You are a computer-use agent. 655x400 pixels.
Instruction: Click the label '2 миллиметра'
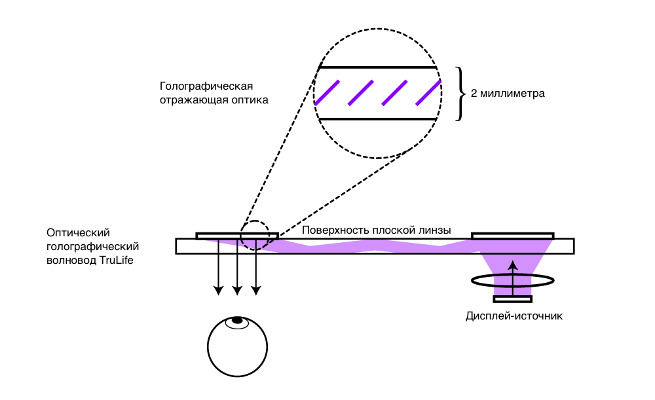tap(508, 94)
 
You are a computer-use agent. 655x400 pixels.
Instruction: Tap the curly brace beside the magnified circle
tap(459, 94)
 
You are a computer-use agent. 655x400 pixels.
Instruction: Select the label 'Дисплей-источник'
tap(514, 316)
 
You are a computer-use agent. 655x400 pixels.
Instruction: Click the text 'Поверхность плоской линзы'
tap(377, 230)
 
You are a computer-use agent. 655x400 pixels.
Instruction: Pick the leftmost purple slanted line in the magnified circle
tap(327, 92)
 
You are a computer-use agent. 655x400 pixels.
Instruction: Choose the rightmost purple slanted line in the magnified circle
tap(428, 92)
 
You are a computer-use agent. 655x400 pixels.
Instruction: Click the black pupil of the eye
tap(237, 321)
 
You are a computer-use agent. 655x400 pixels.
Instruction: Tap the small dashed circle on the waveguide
tap(255, 234)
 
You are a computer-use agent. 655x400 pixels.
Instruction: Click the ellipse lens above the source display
tap(513, 280)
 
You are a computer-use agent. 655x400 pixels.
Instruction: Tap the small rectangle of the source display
tap(513, 299)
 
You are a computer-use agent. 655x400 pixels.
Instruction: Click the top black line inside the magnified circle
tap(377, 67)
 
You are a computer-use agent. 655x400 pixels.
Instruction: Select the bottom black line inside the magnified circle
tap(377, 118)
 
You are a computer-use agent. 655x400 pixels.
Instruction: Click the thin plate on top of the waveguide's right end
tap(512, 235)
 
